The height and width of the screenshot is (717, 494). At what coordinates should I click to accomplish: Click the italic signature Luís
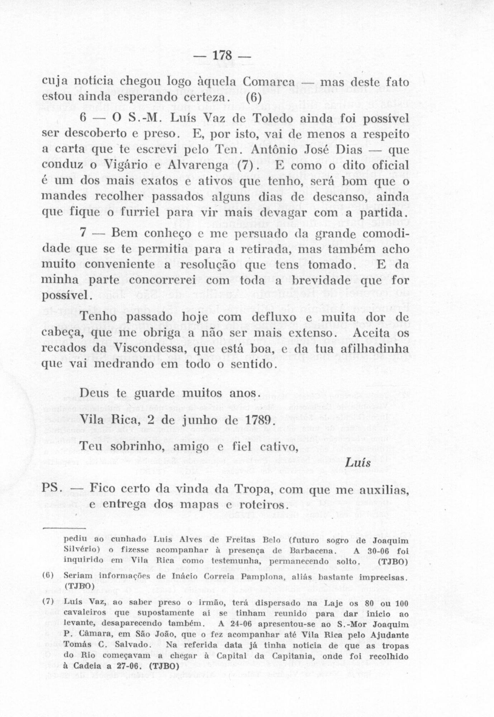click(x=359, y=462)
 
